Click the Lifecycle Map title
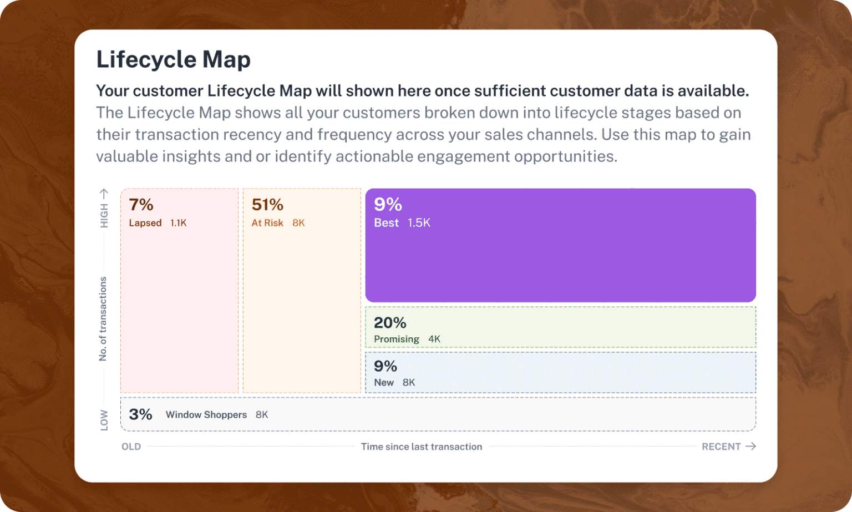coord(173,59)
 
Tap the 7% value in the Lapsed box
coord(141,205)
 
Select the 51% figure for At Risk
coord(267,205)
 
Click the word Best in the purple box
coord(386,223)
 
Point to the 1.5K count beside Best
coord(419,223)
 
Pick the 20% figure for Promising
coord(390,323)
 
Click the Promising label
coord(396,339)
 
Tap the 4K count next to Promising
coord(434,339)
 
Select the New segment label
coord(384,383)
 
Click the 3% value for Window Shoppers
coord(140,414)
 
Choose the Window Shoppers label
coord(206,415)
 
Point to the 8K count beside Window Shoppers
coord(262,415)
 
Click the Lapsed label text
coord(145,223)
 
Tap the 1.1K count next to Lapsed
coord(179,223)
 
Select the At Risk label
coord(267,223)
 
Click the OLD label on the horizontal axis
coord(131,447)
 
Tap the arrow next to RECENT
coord(750,446)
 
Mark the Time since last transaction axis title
coord(422,447)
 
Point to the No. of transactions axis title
coord(103,319)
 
